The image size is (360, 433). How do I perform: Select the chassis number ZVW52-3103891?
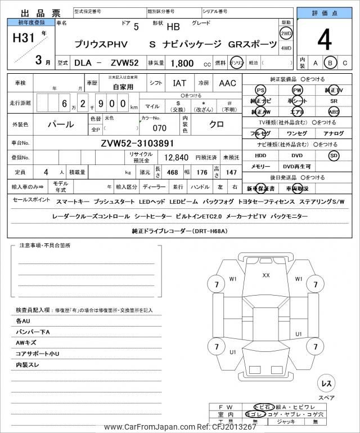tap(138, 143)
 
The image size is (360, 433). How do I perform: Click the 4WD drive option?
tap(286, 48)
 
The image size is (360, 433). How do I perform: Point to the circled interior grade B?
tap(331, 63)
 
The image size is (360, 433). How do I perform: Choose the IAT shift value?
tap(179, 83)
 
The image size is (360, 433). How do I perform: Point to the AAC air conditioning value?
tap(227, 83)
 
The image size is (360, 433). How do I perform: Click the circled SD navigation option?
tap(334, 155)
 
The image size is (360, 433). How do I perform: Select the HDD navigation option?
tap(260, 155)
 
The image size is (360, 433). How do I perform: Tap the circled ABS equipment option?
tap(334, 111)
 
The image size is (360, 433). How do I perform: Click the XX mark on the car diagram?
tap(266, 275)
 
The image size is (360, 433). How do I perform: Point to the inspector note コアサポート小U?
tap(38, 354)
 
